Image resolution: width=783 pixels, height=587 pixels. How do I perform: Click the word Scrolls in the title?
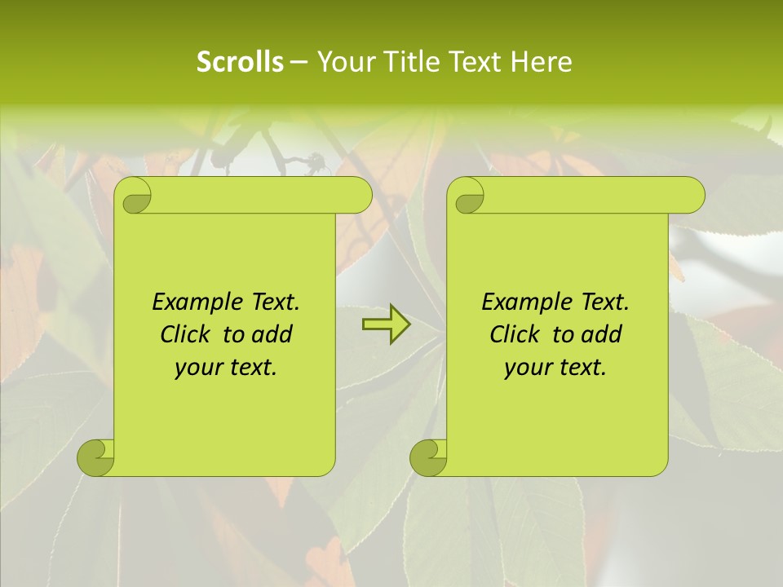tap(240, 62)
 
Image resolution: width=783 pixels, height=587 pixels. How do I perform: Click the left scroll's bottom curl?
tap(96, 458)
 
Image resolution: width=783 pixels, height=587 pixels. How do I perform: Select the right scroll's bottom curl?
tap(429, 458)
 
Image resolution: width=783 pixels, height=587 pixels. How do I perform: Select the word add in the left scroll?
tap(272, 335)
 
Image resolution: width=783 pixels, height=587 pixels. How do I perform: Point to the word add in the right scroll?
tap(602, 335)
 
